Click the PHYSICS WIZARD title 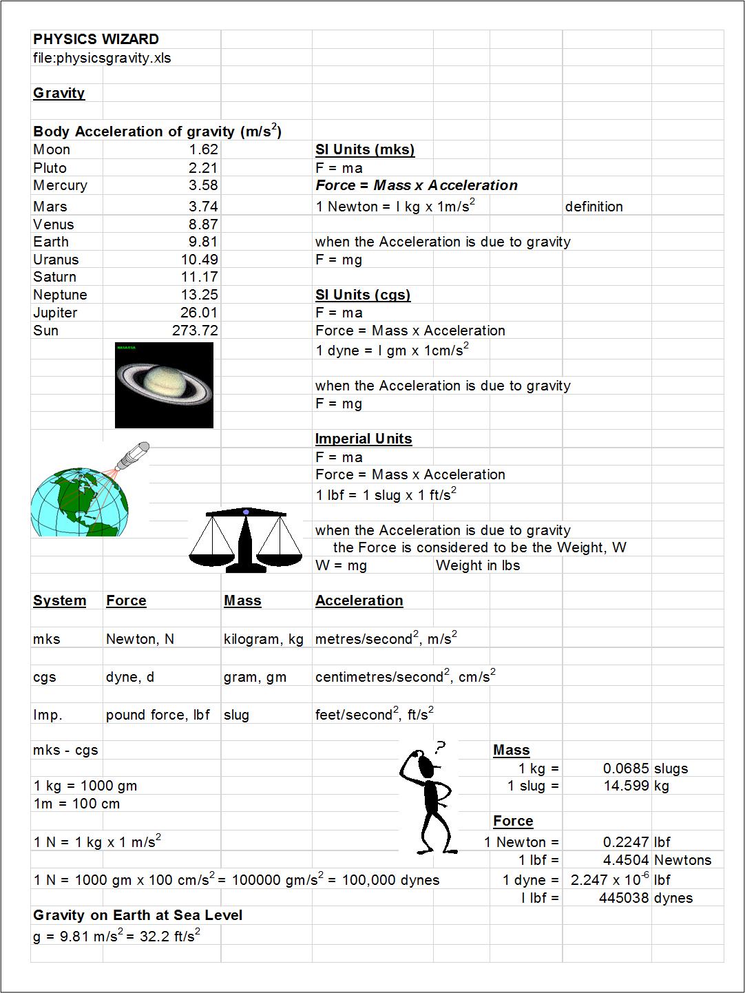click(96, 39)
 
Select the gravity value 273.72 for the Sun click(195, 331)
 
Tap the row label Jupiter click(55, 313)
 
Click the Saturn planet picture click(164, 385)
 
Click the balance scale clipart click(245, 540)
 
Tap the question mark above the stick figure click(441, 746)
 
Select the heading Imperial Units click(364, 439)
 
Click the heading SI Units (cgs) click(363, 295)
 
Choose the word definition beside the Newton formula click(594, 207)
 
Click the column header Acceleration click(359, 600)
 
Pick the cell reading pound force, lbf click(158, 715)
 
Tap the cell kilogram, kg click(263, 639)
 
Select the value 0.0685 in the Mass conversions click(626, 769)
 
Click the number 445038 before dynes click(625, 898)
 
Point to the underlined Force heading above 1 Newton click(513, 821)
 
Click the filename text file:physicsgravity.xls click(102, 58)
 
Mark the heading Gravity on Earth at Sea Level click(138, 915)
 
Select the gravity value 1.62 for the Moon click(203, 149)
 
